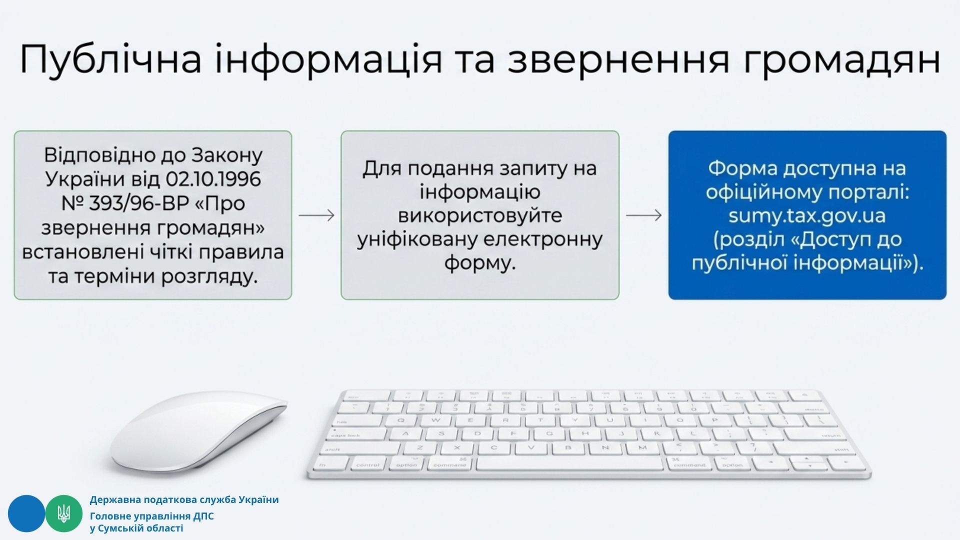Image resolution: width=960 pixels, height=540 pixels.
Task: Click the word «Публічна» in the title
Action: click(x=110, y=59)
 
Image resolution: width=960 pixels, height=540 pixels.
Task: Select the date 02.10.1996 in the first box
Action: click(x=213, y=179)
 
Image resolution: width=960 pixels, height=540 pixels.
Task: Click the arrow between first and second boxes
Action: click(x=316, y=215)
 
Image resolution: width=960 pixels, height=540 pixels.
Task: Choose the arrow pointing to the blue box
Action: click(x=644, y=215)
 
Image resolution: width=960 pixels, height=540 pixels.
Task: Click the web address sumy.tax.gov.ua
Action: click(x=807, y=215)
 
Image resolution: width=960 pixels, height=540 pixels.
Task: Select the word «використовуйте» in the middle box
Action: click(x=480, y=215)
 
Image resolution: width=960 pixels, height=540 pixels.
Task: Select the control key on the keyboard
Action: click(x=368, y=464)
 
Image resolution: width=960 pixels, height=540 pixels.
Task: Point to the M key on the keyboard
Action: click(x=642, y=448)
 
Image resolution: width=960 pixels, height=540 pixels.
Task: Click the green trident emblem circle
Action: click(x=64, y=513)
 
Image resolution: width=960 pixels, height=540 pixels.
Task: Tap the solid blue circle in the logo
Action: click(x=26, y=513)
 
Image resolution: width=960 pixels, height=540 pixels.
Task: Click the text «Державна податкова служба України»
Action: click(x=184, y=499)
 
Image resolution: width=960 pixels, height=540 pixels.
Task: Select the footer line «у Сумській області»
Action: click(x=136, y=528)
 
